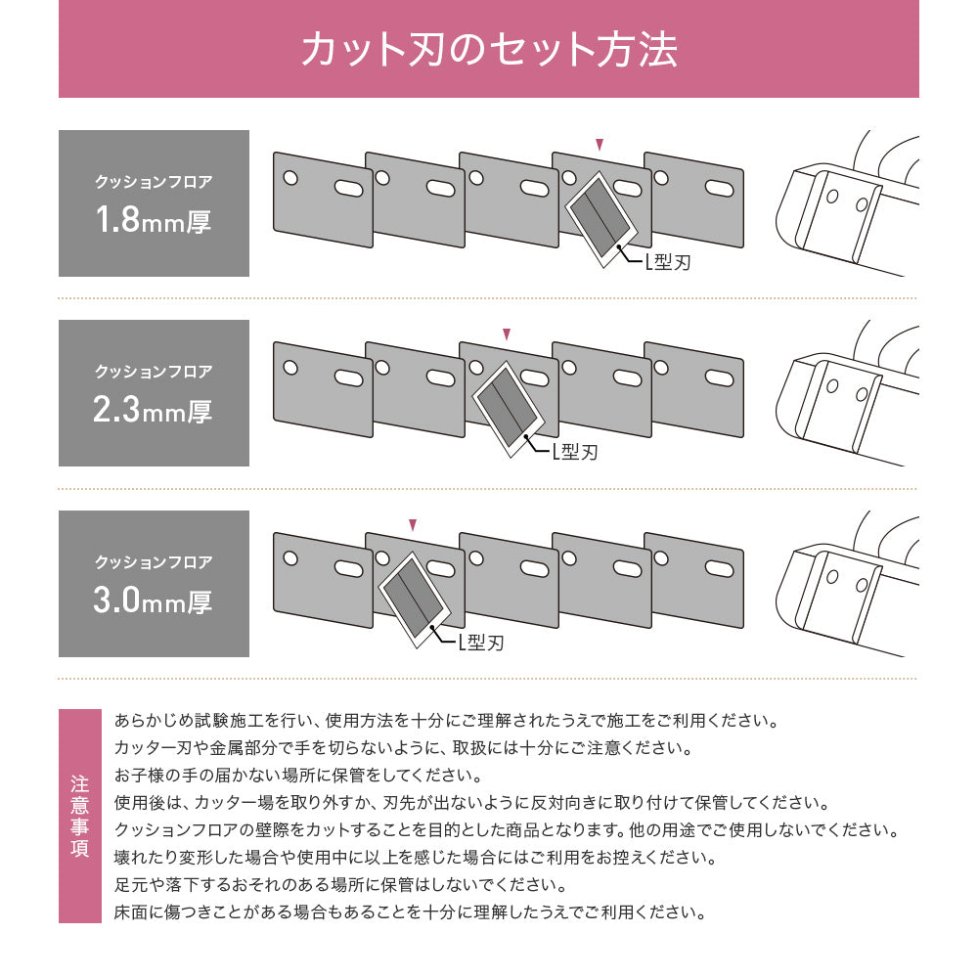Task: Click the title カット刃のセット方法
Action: (x=488, y=50)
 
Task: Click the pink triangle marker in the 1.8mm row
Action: (x=600, y=145)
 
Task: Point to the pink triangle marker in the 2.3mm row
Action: (x=506, y=334)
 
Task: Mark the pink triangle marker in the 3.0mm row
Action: (x=413, y=525)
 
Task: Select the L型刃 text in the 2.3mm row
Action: (x=573, y=451)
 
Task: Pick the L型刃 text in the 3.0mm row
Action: (x=480, y=642)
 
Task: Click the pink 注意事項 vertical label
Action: (x=80, y=817)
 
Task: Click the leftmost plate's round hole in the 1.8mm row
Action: (x=289, y=177)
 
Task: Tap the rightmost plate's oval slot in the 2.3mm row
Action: (x=717, y=377)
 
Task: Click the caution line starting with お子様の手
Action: (x=296, y=776)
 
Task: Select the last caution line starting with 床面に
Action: (x=409, y=912)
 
